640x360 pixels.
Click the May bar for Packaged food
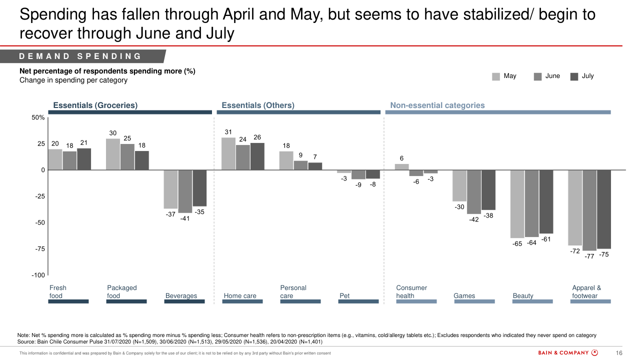113,154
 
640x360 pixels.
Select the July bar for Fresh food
84,159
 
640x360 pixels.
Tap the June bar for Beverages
185,191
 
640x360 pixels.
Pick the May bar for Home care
228,154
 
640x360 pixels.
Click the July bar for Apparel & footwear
604,209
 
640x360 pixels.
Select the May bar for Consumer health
401,167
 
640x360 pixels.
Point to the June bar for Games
474,192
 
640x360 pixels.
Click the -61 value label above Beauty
545,239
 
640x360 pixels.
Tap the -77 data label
589,256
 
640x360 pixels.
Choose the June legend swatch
538,76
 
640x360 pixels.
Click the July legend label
588,76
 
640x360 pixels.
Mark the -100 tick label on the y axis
37,275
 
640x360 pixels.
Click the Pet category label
344,295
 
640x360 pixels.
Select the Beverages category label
181,295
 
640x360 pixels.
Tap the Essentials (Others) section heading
258,105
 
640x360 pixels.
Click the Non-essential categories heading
437,105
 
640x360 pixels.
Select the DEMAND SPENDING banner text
80,56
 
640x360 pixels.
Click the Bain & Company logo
568,353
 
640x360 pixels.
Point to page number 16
618,353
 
